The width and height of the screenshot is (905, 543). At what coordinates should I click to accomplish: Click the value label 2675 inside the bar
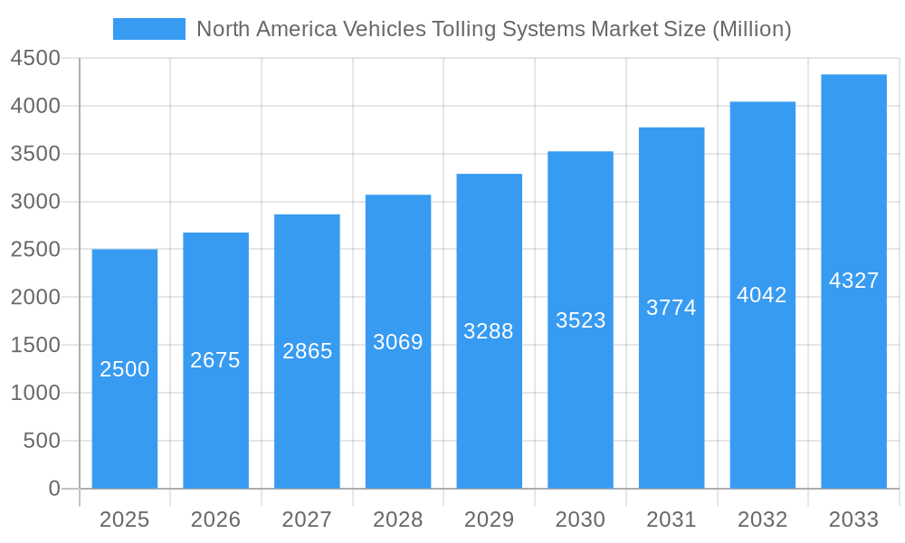tap(215, 360)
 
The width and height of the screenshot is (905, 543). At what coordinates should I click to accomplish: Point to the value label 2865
tap(307, 351)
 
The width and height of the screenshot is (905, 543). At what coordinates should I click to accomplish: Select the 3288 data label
tap(489, 331)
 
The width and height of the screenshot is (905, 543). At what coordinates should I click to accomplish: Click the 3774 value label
tap(671, 308)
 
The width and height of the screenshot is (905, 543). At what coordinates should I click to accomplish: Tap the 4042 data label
tap(762, 295)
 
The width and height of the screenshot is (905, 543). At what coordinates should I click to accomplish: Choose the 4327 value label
tap(853, 281)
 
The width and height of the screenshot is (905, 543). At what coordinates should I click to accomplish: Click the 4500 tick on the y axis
tap(35, 59)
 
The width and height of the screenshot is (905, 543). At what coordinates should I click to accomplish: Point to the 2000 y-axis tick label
tap(35, 298)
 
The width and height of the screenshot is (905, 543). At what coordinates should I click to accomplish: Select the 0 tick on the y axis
tap(53, 489)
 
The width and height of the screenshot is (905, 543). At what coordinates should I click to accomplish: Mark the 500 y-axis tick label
tap(42, 441)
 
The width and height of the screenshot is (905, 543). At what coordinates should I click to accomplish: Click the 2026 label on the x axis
tap(215, 519)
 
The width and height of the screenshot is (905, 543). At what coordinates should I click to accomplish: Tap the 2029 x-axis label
tap(489, 519)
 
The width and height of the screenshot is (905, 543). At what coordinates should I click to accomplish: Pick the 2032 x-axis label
tap(762, 519)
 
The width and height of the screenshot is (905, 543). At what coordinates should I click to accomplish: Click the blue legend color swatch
tap(148, 29)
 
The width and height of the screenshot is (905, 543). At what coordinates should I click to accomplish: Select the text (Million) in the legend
tap(751, 29)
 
